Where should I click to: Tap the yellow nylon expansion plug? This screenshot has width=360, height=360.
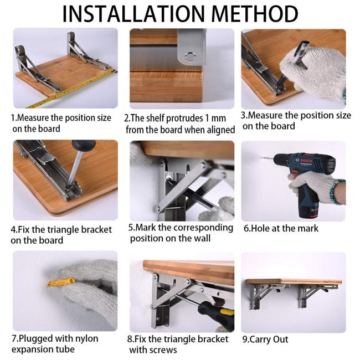point(61,282)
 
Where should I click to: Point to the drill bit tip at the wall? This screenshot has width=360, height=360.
point(262,158)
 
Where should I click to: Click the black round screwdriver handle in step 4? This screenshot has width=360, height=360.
point(84,145)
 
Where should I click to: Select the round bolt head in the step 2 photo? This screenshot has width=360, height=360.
point(190,56)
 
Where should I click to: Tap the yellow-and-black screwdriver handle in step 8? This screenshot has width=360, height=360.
point(217,314)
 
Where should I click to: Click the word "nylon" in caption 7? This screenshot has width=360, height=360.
point(86,339)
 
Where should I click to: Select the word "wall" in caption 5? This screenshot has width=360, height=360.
point(202,238)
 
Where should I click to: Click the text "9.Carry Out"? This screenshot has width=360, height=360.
point(265,340)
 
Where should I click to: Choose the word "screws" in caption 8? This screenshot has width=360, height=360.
point(165,350)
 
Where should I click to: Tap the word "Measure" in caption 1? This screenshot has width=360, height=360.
point(33,118)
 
